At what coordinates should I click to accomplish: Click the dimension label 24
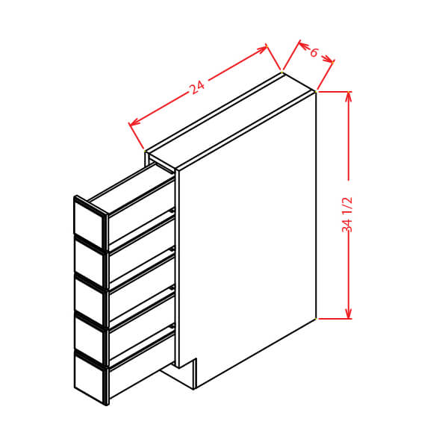tap(197, 87)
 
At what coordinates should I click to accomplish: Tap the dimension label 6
tap(314, 52)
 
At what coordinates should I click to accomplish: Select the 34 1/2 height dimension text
tap(347, 214)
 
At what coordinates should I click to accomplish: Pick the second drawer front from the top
tap(89, 262)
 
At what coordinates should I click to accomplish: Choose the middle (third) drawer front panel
tap(89, 301)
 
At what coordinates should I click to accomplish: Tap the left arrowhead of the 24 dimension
tap(134, 122)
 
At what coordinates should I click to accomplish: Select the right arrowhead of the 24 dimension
tap(262, 49)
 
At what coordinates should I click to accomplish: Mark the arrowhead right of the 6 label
tap(328, 59)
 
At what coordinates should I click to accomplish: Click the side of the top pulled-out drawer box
tap(141, 211)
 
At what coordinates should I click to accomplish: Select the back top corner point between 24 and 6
tap(282, 72)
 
